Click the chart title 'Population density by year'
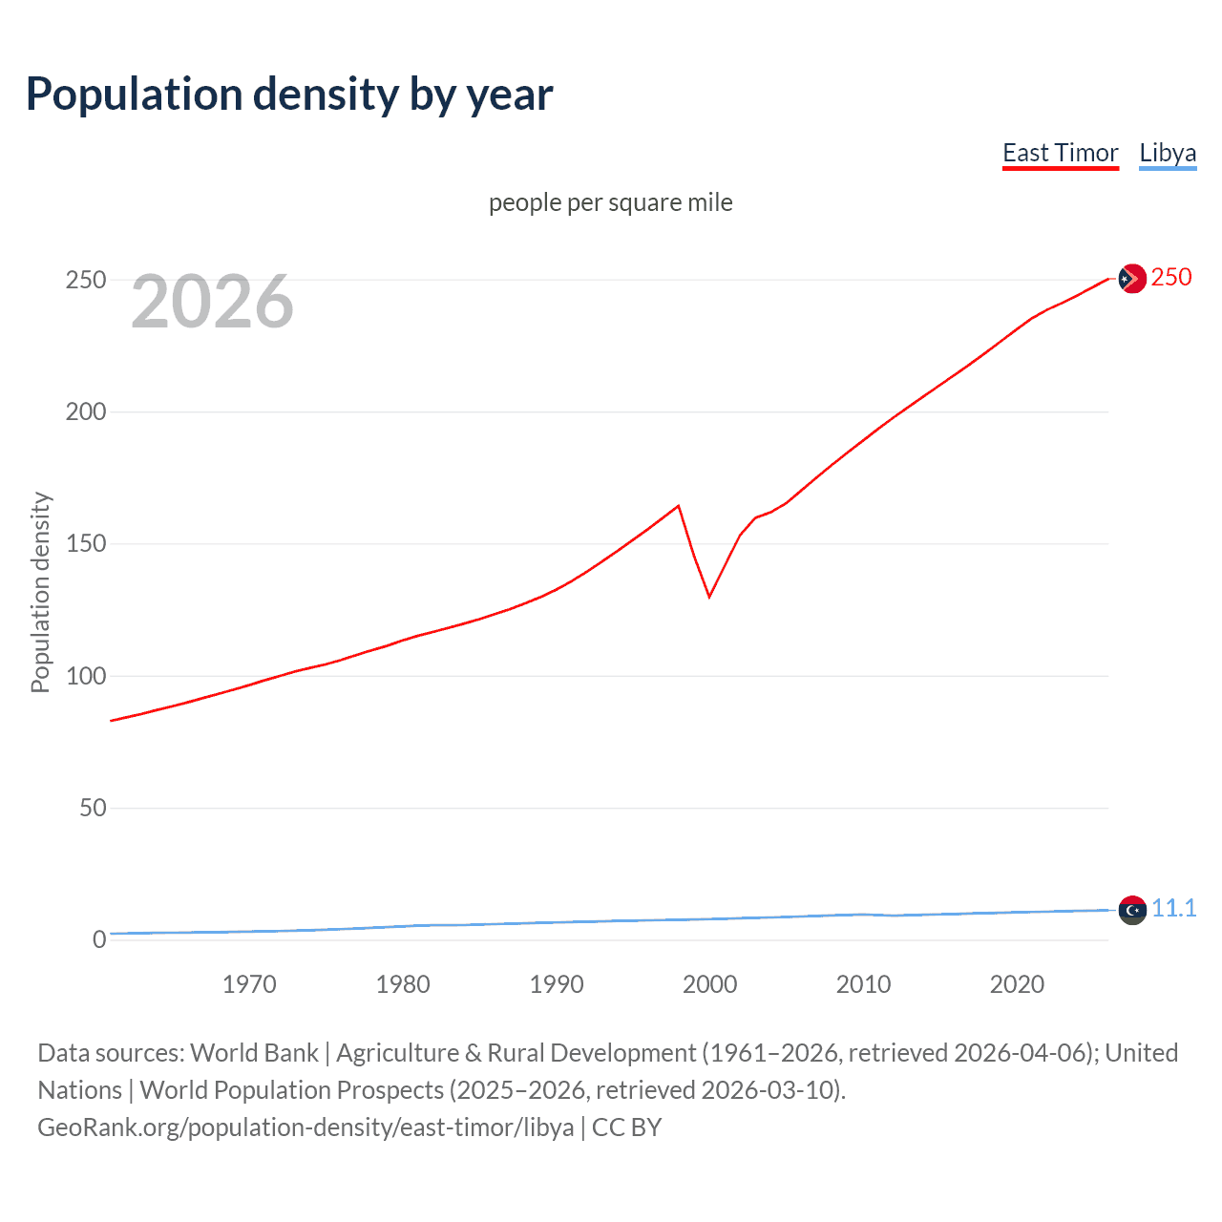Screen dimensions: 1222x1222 [289, 95]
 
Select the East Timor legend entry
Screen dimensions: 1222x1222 [1060, 153]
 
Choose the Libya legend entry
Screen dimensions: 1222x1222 [1168, 153]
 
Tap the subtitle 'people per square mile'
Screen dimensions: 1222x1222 [611, 202]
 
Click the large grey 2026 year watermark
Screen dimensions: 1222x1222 [212, 302]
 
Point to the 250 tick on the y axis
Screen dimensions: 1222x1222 [85, 280]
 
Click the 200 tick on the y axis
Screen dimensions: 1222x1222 [85, 412]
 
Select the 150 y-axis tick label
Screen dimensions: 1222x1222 [85, 544]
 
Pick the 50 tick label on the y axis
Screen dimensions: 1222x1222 [93, 808]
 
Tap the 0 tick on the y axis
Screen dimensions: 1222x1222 [99, 939]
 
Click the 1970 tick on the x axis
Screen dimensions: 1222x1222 [249, 984]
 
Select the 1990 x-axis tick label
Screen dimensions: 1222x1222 [557, 984]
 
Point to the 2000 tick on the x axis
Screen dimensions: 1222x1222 [710, 984]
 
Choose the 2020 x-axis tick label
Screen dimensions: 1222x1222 [1017, 984]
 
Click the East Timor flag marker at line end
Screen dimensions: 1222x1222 [1131, 279]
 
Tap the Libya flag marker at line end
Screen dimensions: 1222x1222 [1131, 911]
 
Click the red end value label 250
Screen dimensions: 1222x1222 [1171, 277]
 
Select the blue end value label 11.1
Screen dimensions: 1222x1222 [1173, 908]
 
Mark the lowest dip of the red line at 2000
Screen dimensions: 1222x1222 [709, 597]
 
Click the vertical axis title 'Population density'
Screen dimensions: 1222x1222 [40, 592]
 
